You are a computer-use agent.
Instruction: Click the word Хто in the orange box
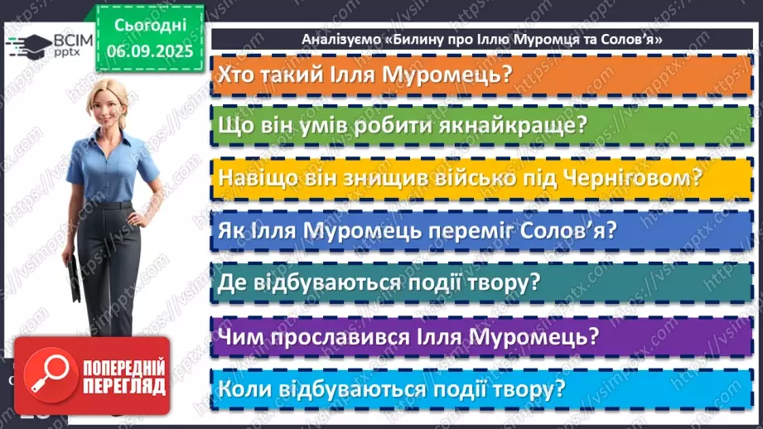[x=235, y=75]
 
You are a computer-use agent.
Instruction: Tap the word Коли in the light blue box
[x=242, y=388]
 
